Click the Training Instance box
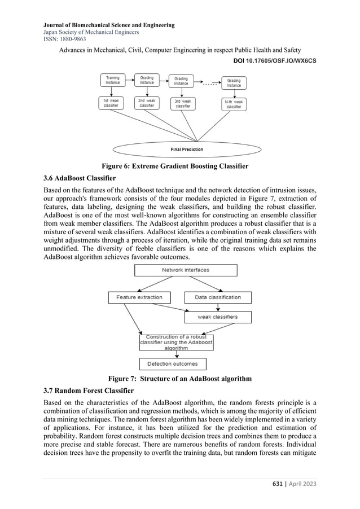tap(113, 80)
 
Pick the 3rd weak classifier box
tap(183, 103)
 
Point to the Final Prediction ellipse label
tap(187, 150)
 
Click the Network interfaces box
tap(186, 270)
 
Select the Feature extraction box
tap(139, 297)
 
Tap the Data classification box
tap(217, 297)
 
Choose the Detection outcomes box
tap(173, 364)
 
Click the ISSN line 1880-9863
tap(62, 39)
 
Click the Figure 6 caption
tap(175, 166)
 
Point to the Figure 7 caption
tap(175, 378)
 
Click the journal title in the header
tap(108, 25)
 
